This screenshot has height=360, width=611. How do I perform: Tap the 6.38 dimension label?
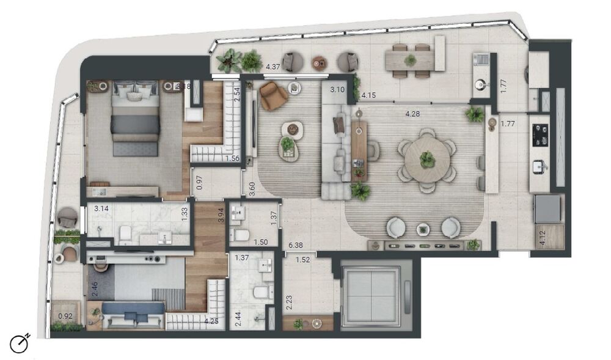point(295,246)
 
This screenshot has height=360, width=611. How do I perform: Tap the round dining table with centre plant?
point(427,160)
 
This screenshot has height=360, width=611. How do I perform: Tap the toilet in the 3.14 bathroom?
point(125,234)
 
